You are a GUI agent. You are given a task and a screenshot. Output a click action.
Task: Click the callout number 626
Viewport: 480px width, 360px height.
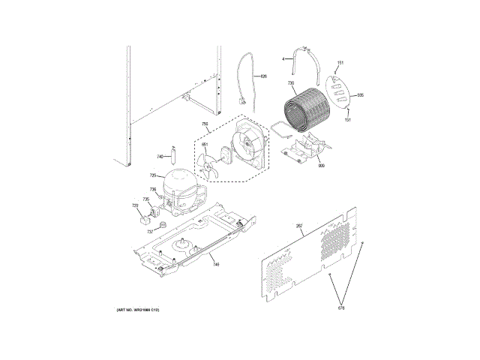[263, 76]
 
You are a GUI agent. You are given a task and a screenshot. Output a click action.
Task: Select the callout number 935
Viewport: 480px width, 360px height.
[359, 95]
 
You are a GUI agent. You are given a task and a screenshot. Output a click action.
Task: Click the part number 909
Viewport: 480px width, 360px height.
[321, 165]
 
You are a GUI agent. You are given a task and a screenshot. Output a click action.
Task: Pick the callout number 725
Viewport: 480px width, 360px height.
[152, 175]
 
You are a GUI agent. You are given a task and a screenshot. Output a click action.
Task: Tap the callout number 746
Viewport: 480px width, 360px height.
[215, 265]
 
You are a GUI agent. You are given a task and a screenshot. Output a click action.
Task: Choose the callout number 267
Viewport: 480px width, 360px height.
[298, 226]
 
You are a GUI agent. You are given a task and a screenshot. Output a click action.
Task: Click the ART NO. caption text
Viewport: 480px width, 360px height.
[138, 310]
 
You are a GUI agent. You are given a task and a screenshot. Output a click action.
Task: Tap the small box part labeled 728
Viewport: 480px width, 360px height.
[145, 220]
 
